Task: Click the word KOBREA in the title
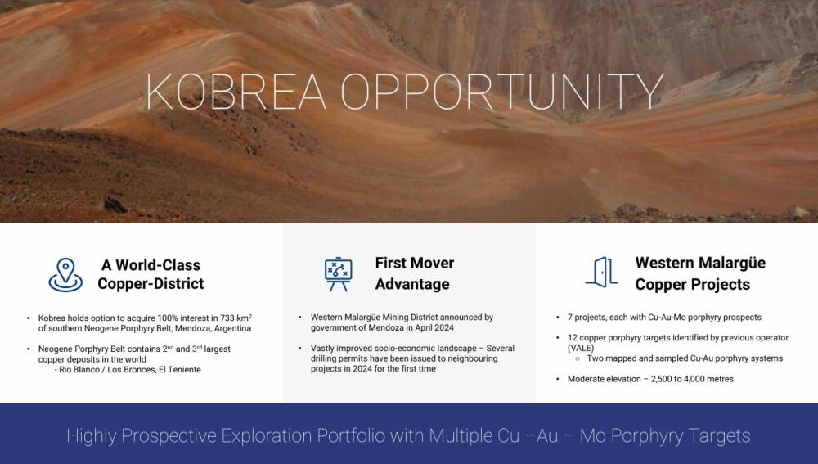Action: pyautogui.click(x=236, y=92)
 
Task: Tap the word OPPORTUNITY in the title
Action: pyautogui.click(x=502, y=92)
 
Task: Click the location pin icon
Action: pyautogui.click(x=65, y=274)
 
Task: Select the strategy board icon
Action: pyautogui.click(x=338, y=274)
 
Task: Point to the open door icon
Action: pyautogui.click(x=601, y=272)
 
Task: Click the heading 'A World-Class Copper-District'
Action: pyautogui.click(x=151, y=274)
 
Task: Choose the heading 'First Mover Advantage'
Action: pyautogui.click(x=414, y=273)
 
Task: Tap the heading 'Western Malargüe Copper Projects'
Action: pyautogui.click(x=700, y=273)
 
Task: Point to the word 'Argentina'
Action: pyautogui.click(x=232, y=328)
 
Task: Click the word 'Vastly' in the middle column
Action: pyautogui.click(x=322, y=348)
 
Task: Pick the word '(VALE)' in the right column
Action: pyautogui.click(x=581, y=348)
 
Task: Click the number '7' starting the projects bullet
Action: pyautogui.click(x=570, y=318)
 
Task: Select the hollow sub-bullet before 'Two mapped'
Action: pyautogui.click(x=578, y=359)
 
